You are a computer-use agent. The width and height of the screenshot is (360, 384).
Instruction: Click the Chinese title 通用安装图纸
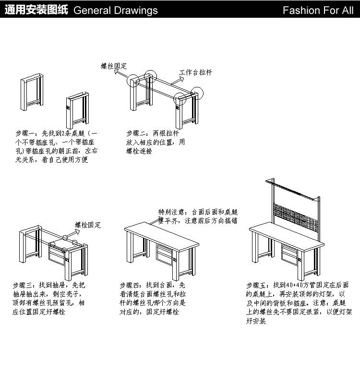click(36, 10)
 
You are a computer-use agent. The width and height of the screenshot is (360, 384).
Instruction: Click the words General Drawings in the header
click(116, 10)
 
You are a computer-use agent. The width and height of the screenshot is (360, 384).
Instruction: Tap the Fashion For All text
click(318, 10)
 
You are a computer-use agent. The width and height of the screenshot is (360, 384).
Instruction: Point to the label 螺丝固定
click(114, 66)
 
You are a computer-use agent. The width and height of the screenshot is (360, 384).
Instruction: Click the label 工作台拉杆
click(195, 72)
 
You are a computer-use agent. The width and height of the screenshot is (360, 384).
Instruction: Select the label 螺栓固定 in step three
click(88, 225)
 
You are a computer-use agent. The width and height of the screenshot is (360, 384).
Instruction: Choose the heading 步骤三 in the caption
click(22, 285)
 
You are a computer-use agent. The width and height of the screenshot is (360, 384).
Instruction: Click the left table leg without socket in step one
click(32, 92)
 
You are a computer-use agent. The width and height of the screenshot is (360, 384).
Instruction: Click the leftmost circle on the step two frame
click(133, 81)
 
